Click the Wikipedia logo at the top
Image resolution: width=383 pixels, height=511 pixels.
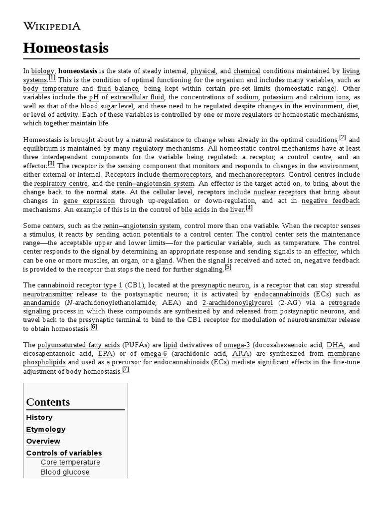52,26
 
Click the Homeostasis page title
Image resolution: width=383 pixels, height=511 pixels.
65,48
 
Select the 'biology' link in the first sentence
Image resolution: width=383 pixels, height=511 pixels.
42,71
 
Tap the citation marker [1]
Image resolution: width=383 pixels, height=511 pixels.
52,78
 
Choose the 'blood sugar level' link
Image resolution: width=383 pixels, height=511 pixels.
107,106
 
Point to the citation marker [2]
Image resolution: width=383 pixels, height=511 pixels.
342,137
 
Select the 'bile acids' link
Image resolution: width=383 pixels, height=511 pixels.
192,210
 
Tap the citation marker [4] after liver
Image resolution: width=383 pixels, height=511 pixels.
249,208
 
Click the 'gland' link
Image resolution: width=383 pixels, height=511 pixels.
164,260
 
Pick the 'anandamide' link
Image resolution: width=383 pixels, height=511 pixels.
41,303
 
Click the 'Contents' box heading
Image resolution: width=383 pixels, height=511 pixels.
48,402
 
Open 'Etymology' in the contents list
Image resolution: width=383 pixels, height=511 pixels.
45,429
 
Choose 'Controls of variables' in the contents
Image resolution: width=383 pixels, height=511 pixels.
64,453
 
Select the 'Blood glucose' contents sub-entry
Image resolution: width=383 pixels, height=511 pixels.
65,472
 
